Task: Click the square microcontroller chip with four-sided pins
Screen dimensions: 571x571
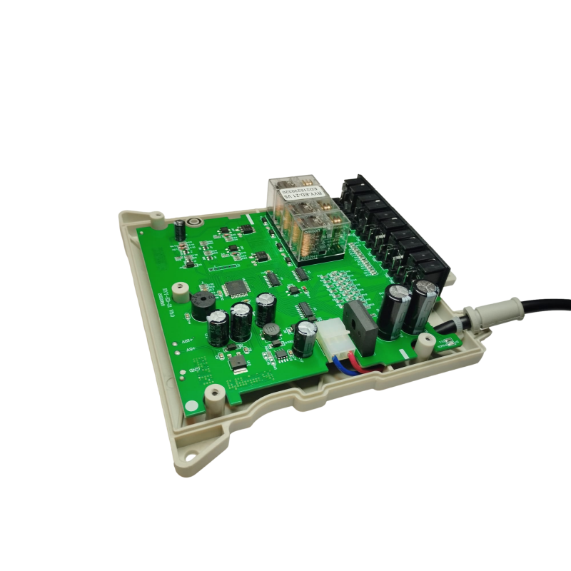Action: click(235, 287)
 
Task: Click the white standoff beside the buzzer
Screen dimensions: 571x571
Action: click(182, 295)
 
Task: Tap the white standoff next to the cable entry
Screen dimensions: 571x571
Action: click(425, 345)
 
